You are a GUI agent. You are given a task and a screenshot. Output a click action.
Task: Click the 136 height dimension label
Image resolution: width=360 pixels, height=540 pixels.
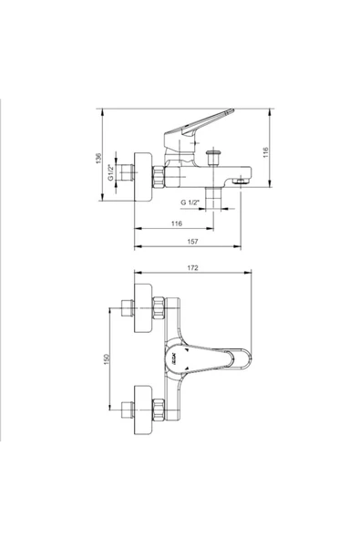pos(99,158)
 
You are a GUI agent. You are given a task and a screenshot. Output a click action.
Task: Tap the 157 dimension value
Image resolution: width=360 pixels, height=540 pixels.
pos(192,242)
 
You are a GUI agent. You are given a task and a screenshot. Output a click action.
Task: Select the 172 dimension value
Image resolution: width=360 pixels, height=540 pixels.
pos(192,267)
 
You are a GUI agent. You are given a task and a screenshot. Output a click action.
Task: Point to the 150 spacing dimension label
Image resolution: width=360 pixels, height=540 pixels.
pos(107,359)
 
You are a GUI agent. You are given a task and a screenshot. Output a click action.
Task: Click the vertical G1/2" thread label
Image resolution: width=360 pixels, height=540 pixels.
pos(111,172)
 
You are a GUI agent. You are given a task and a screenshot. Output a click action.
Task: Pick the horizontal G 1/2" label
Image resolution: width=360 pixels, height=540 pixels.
pos(190,202)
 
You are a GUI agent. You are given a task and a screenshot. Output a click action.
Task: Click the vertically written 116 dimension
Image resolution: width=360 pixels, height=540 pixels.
pos(265,152)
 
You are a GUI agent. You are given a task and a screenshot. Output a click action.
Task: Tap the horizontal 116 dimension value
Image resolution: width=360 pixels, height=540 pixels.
pos(177,223)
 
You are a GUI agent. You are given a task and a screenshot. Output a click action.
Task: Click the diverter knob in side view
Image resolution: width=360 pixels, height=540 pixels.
pos(213,158)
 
